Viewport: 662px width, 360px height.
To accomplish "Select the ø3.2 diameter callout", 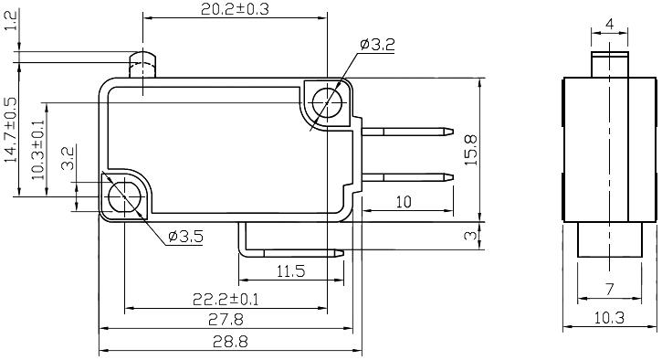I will [x=377, y=43].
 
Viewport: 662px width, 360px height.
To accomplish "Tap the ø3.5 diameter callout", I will [x=185, y=238].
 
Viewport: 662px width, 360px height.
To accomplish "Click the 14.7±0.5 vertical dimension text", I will [x=11, y=131].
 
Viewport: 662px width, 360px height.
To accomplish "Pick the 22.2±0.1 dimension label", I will [x=225, y=299].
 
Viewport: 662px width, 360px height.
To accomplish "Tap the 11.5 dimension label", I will [x=289, y=271].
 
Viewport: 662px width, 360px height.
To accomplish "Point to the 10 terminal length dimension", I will [x=403, y=201].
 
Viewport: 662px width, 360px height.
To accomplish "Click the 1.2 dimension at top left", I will [x=11, y=21].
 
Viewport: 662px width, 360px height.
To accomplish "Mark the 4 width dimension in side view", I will [x=608, y=25].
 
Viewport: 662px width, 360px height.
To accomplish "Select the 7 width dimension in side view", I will [x=609, y=290].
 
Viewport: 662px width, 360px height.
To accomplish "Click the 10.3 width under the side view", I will [x=608, y=318].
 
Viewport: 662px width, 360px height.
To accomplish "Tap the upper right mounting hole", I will [x=325, y=102].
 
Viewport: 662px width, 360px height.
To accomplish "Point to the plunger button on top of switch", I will [x=142, y=66].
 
